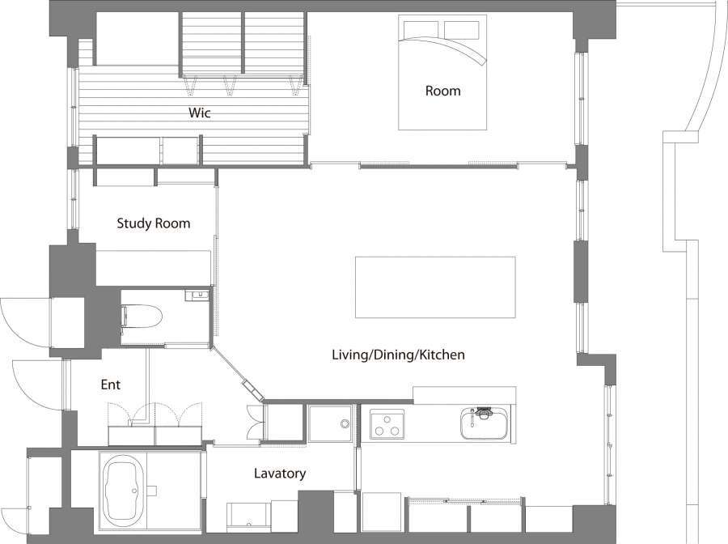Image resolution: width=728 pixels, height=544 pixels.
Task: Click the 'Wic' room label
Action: (200, 113)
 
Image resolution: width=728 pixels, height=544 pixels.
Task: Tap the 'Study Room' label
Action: (154, 223)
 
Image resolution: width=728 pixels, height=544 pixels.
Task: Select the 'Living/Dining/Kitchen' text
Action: (398, 355)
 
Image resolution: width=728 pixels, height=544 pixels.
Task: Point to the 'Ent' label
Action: (111, 385)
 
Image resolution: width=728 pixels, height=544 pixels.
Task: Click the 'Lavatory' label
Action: (280, 474)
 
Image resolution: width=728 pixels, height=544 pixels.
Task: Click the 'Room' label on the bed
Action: (443, 91)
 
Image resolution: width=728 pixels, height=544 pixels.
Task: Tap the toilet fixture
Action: (141, 317)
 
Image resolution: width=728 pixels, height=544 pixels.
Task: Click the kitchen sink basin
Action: (485, 423)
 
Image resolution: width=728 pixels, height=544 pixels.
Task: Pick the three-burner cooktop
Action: (387, 423)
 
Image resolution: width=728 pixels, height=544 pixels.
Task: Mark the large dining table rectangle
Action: (435, 287)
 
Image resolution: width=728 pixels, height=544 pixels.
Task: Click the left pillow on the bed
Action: (421, 29)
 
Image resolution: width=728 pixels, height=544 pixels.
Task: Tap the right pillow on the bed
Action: (462, 29)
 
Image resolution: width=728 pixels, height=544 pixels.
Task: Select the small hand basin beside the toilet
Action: (197, 295)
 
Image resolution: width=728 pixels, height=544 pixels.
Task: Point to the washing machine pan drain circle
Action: (345, 423)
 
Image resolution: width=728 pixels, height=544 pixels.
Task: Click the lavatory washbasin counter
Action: (248, 516)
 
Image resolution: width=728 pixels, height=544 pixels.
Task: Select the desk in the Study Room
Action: (153, 268)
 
